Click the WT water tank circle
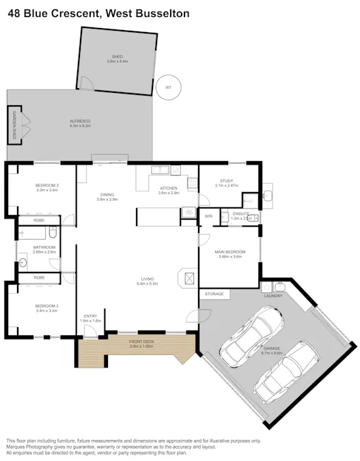pyautogui.click(x=167, y=87)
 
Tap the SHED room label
pyautogui.click(x=116, y=57)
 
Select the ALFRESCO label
pyautogui.click(x=80, y=121)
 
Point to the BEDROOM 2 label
pyautogui.click(x=47, y=186)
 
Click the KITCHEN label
pyautogui.click(x=168, y=188)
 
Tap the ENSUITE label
pyautogui.click(x=240, y=213)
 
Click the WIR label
pyautogui.click(x=209, y=216)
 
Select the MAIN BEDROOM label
pyautogui.click(x=230, y=252)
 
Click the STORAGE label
pyautogui.click(x=214, y=294)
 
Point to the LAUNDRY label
pyautogui.click(x=273, y=296)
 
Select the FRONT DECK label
pyautogui.click(x=142, y=341)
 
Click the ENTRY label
pyautogui.click(x=90, y=316)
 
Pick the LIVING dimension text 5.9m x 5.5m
pyautogui.click(x=147, y=283)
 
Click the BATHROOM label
pyautogui.click(x=44, y=247)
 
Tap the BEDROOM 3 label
pyautogui.click(x=47, y=305)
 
